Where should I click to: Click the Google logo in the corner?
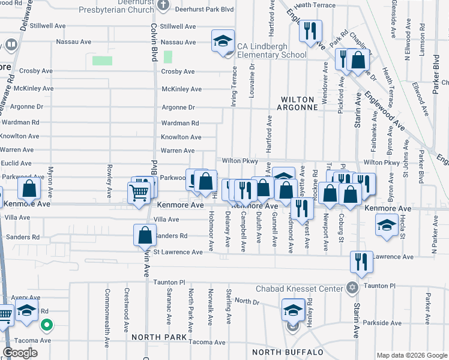pyautogui.click(x=20, y=353)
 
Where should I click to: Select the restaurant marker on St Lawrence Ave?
pyautogui.click(x=361, y=261)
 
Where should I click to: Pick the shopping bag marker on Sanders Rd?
pyautogui.click(x=145, y=235)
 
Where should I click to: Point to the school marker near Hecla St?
pyautogui.click(x=386, y=225)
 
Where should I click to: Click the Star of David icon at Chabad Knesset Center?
pyautogui.click(x=352, y=287)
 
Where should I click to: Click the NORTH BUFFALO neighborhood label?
pyautogui.click(x=288, y=352)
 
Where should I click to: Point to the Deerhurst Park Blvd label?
pyautogui.click(x=203, y=10)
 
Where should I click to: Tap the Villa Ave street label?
pyautogui.click(x=166, y=220)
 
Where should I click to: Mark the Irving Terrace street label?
pyautogui.click(x=234, y=86)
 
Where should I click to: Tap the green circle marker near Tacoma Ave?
pyautogui.click(x=46, y=326)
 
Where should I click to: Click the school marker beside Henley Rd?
pyautogui.click(x=293, y=311)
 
